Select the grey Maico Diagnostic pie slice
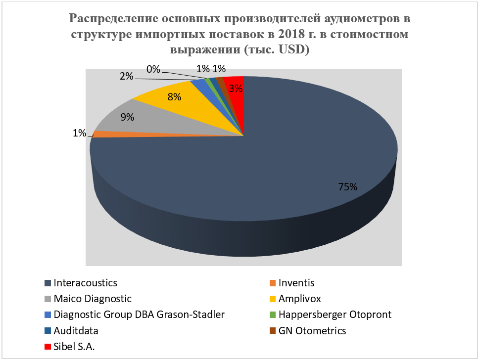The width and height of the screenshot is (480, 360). pyautogui.click(x=148, y=121)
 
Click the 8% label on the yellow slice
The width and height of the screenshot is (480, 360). pyautogui.click(x=174, y=97)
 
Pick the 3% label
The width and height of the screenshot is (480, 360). pyautogui.click(x=236, y=89)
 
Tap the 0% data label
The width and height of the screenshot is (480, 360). pyautogui.click(x=153, y=70)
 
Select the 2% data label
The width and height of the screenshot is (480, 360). pyautogui.click(x=126, y=76)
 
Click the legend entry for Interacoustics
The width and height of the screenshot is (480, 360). pyautogui.click(x=85, y=283)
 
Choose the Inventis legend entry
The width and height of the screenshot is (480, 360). pyautogui.click(x=296, y=283)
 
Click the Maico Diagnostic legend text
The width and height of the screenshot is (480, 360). pyautogui.click(x=93, y=299)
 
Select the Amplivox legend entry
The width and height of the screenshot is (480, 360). pyautogui.click(x=300, y=299)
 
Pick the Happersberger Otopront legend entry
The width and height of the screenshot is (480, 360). pyautogui.click(x=335, y=315)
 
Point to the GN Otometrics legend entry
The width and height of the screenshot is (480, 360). pyautogui.click(x=312, y=331)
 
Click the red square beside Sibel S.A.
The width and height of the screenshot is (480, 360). pyautogui.click(x=48, y=347)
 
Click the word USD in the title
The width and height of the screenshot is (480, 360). pyautogui.click(x=291, y=50)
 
